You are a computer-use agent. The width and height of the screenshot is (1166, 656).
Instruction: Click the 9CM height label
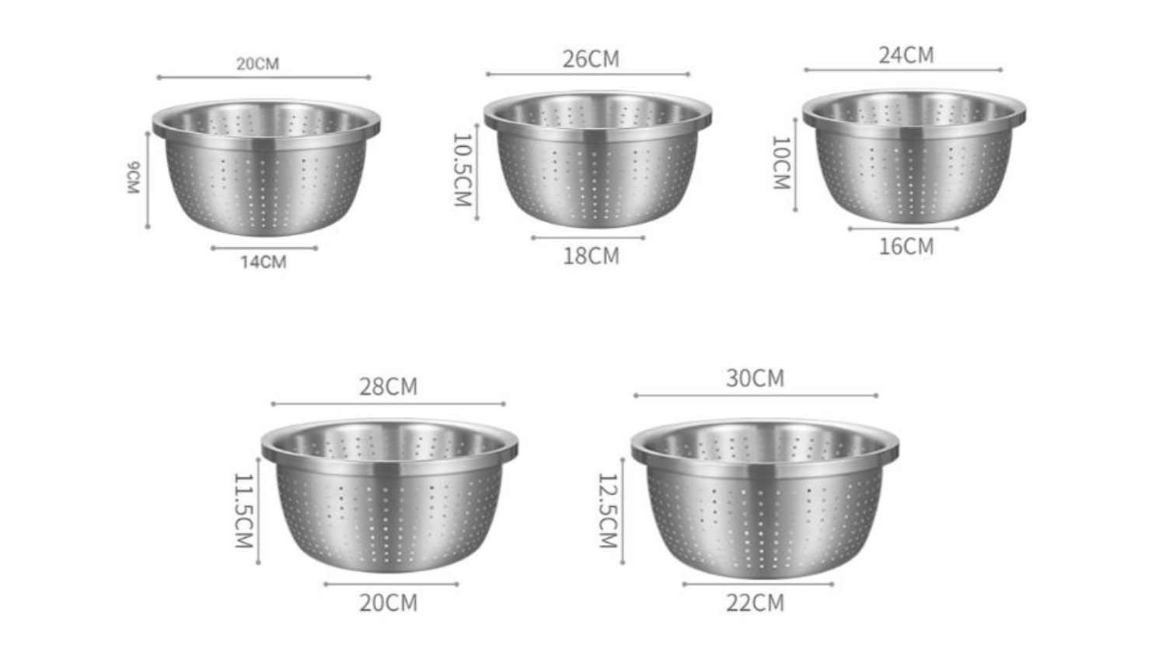pos(134,178)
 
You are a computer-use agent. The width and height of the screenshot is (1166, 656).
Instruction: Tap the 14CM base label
pos(263,262)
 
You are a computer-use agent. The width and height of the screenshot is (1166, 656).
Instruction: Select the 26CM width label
pos(591,59)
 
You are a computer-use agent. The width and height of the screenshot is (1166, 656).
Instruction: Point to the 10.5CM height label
pos(463,169)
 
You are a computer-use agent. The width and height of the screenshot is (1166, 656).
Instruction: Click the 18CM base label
pos(591,256)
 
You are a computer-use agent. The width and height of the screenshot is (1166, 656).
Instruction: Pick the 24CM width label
pos(906,55)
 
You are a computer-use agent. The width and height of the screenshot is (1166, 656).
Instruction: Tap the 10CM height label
pos(780,163)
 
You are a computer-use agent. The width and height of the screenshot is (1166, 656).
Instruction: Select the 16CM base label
pos(906,246)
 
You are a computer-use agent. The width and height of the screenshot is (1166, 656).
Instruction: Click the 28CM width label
pos(388,386)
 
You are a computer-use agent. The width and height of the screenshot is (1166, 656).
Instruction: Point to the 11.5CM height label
pos(244,511)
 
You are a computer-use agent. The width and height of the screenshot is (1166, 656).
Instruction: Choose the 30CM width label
pos(755,379)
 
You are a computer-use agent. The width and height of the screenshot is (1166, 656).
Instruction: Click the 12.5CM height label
pos(607,511)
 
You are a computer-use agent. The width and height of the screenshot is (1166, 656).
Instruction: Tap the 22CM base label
pos(755,602)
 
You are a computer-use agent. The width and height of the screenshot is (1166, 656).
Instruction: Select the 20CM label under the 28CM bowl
pos(388,602)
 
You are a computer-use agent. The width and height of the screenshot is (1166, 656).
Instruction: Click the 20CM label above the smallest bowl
pos(257,64)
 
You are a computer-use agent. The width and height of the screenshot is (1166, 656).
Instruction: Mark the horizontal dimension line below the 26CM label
pos(588,75)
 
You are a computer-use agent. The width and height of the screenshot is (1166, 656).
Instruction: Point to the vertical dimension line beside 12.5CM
pos(623,511)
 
